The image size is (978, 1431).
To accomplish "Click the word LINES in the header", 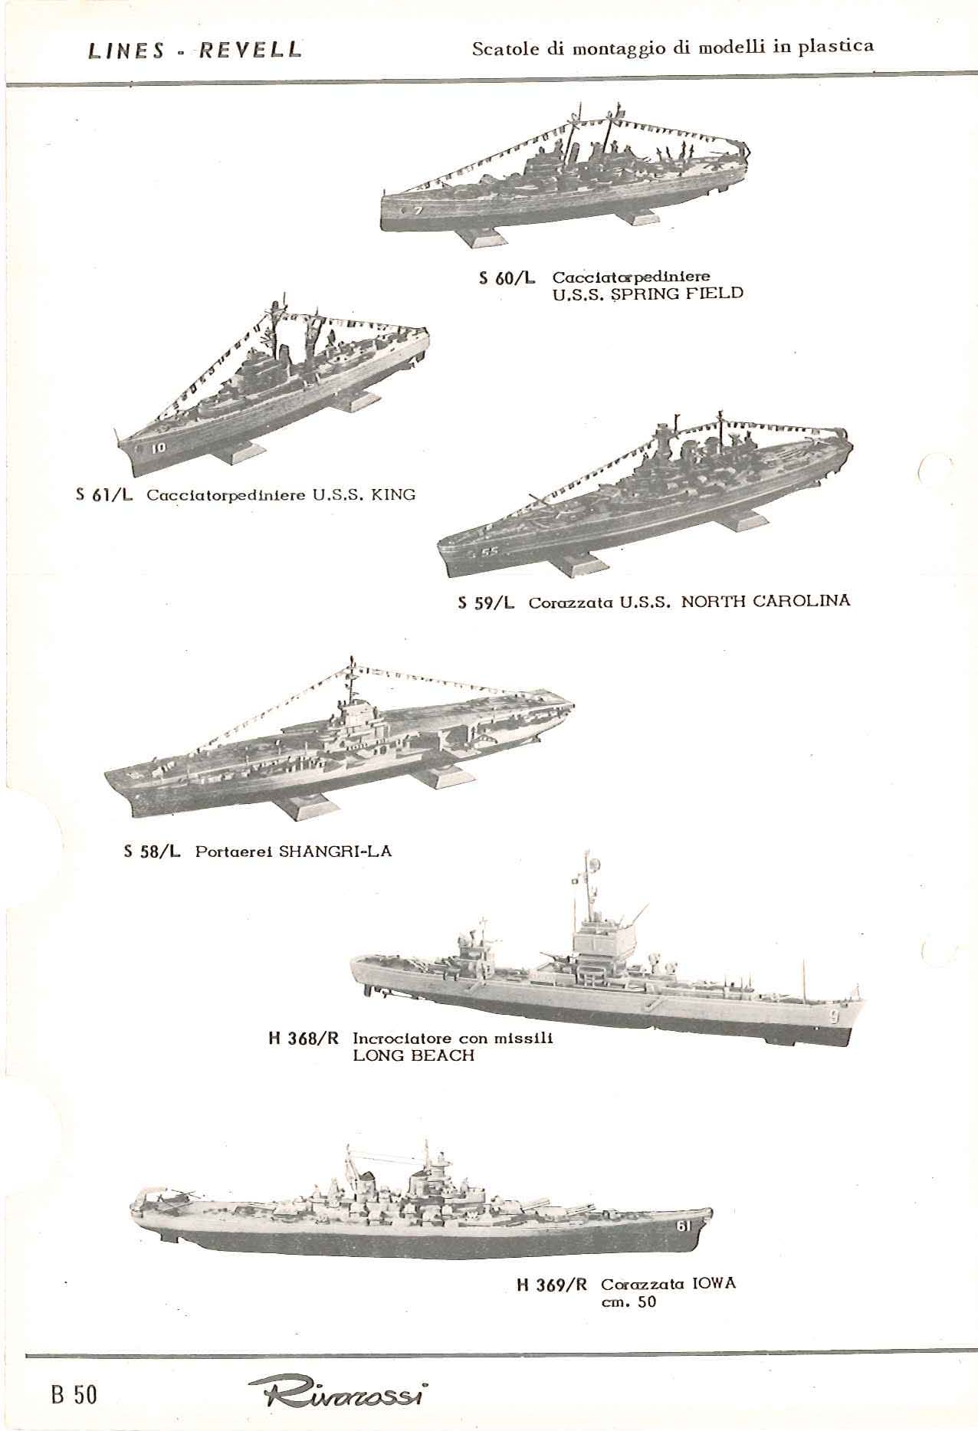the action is click(x=126, y=51).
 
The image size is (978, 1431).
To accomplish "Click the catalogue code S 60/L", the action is click(x=507, y=278).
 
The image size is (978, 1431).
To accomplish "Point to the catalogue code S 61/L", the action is click(x=104, y=495).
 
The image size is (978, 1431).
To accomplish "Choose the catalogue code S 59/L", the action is click(x=486, y=603).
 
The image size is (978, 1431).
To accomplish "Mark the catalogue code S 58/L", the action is click(x=152, y=852).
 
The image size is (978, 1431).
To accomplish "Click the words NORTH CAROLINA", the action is click(x=766, y=601).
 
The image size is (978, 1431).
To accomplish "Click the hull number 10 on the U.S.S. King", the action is click(x=158, y=448).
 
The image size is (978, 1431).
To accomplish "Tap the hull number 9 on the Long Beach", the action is click(x=834, y=1017).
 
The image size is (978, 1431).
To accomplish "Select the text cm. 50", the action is click(x=629, y=1301).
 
